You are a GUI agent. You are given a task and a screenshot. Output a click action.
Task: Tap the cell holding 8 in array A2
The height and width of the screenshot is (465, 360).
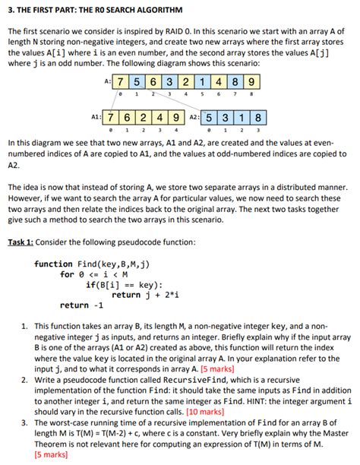pyautogui.click(x=257, y=119)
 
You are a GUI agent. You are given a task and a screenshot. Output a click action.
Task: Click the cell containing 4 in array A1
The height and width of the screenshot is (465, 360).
pyautogui.click(x=161, y=119)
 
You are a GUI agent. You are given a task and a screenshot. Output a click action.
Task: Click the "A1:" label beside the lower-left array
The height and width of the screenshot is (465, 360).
pyautogui.click(x=96, y=119)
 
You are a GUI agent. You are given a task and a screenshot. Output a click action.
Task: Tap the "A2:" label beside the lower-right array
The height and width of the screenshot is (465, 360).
pyautogui.click(x=194, y=119)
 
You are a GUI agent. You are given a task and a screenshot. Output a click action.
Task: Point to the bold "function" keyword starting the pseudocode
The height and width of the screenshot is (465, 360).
pyautogui.click(x=54, y=264)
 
